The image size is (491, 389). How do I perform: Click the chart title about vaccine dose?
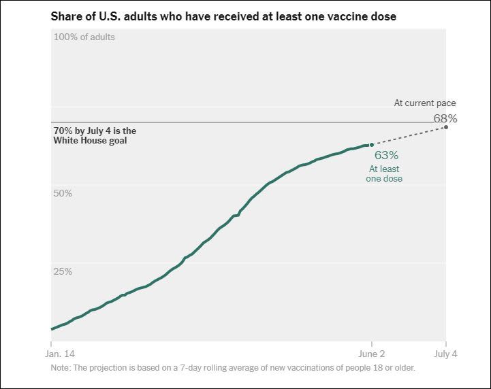click(x=223, y=16)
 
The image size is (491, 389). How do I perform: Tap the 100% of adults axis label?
click(x=84, y=37)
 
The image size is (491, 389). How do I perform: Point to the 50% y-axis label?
click(x=63, y=194)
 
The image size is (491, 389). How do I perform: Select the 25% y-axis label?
click(x=63, y=271)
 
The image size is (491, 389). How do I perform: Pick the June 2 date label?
click(x=371, y=354)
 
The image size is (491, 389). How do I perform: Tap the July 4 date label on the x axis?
click(x=445, y=354)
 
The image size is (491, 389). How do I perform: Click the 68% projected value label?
click(x=445, y=118)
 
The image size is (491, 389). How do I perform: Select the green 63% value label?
click(x=386, y=155)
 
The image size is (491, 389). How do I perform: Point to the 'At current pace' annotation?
click(x=425, y=103)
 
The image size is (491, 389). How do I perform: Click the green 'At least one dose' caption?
click(x=385, y=173)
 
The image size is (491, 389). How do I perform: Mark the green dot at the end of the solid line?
click(x=371, y=145)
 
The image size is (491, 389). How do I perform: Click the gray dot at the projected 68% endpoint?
click(x=445, y=127)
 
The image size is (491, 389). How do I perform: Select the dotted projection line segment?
click(x=409, y=136)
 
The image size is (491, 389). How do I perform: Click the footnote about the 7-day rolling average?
click(x=232, y=368)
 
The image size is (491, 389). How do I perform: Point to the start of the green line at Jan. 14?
click(x=52, y=329)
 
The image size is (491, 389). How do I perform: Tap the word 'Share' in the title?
click(x=66, y=16)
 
